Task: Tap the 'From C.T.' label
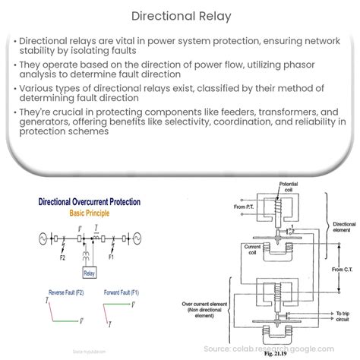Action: tap(340, 268)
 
